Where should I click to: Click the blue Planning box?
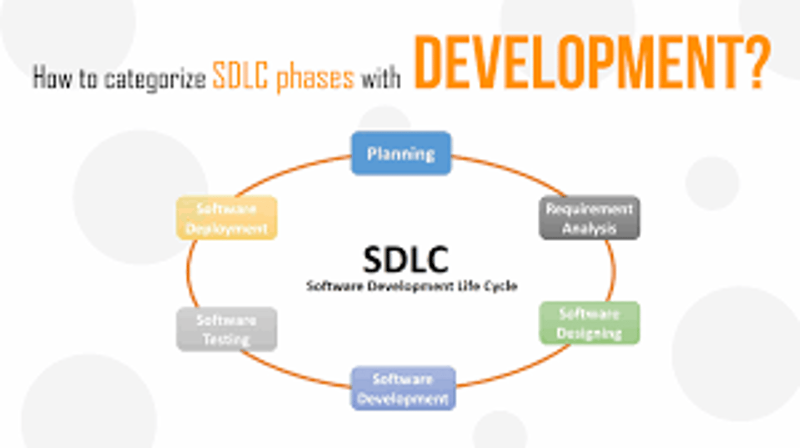pyautogui.click(x=401, y=153)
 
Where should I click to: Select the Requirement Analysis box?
pyautogui.click(x=589, y=218)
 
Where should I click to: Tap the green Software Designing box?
pyautogui.click(x=589, y=323)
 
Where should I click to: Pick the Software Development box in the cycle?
pyautogui.click(x=403, y=389)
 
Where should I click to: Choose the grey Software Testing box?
pyautogui.click(x=226, y=329)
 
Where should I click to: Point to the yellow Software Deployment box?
pyautogui.click(x=227, y=218)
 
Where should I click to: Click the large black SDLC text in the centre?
pyautogui.click(x=405, y=260)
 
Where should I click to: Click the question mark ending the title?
pyautogui.click(x=756, y=62)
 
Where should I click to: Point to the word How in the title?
pyautogui.click(x=52, y=78)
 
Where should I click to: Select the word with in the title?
pyautogui.click(x=381, y=78)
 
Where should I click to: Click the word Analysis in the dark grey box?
pyautogui.click(x=589, y=228)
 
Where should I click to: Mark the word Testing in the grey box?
pyautogui.click(x=226, y=339)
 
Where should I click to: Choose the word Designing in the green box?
pyautogui.click(x=589, y=333)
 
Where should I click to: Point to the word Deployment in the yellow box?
pyautogui.click(x=227, y=228)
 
